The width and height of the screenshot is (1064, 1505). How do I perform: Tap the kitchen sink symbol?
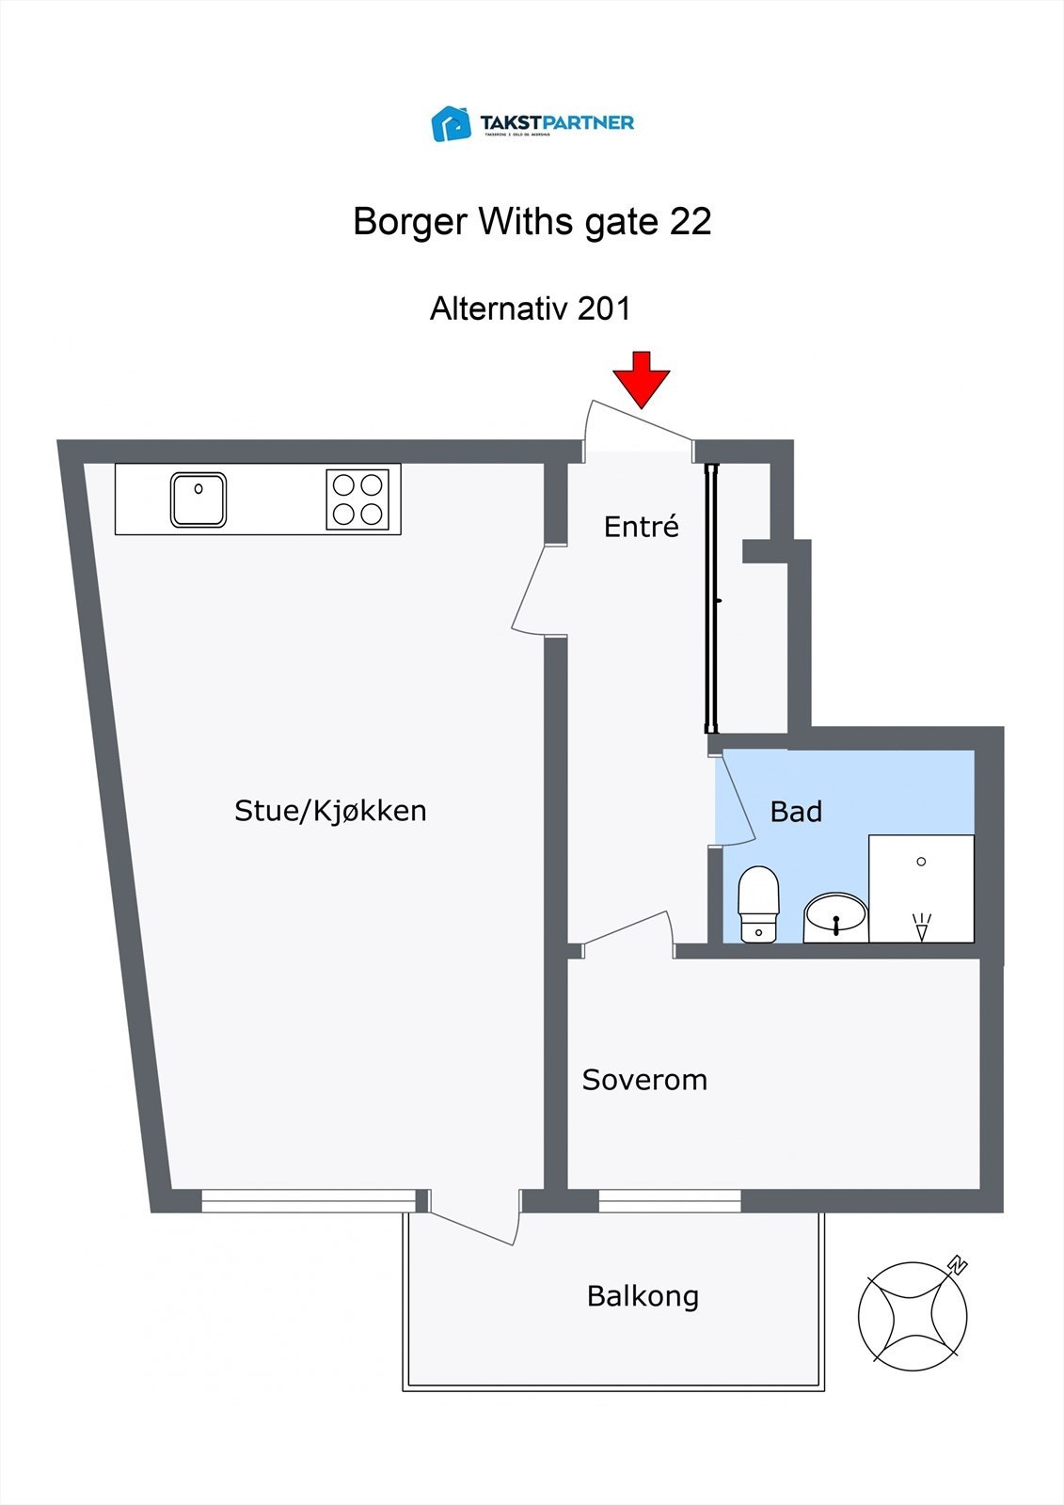click(x=199, y=499)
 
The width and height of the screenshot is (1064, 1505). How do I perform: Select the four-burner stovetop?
click(x=358, y=499)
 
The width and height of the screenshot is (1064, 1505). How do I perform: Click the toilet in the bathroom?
click(x=758, y=904)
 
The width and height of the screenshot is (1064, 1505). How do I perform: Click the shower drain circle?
click(x=921, y=862)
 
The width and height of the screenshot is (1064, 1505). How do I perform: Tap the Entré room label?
click(x=641, y=527)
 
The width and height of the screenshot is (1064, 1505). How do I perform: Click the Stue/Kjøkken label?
click(x=330, y=811)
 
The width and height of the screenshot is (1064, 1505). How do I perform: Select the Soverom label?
click(x=644, y=1080)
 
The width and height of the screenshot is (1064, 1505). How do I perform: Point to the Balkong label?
click(x=643, y=1296)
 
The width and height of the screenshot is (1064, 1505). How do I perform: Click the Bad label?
click(x=796, y=812)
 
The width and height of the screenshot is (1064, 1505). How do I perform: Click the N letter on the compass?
click(x=958, y=1265)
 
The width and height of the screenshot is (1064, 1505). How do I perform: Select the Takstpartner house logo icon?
click(x=452, y=123)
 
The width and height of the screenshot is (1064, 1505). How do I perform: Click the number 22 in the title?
click(x=690, y=222)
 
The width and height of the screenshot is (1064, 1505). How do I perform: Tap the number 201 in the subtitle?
click(x=604, y=309)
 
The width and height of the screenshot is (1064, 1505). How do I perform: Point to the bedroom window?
click(x=670, y=1200)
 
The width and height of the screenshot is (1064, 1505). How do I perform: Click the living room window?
click(x=309, y=1200)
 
